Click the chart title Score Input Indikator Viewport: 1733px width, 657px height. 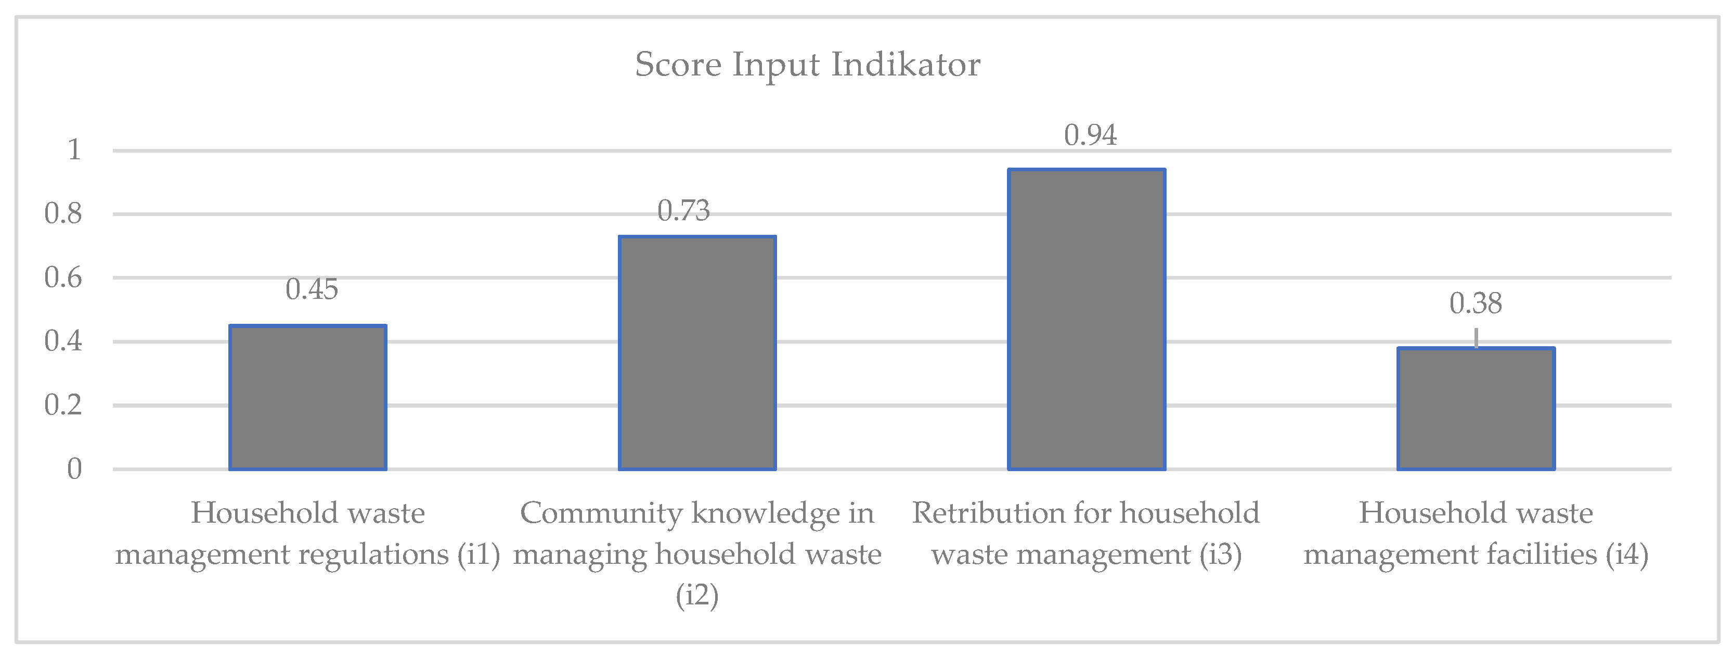pyautogui.click(x=807, y=65)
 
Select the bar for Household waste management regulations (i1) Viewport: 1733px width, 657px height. pyautogui.click(x=307, y=397)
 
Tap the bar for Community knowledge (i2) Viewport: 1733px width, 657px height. pyautogui.click(x=697, y=353)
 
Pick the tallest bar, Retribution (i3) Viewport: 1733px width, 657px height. pyautogui.click(x=1087, y=319)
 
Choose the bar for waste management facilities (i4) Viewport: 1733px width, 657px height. pyautogui.click(x=1476, y=409)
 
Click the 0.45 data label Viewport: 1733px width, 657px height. pyautogui.click(x=312, y=289)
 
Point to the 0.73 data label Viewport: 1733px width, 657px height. pyautogui.click(x=683, y=211)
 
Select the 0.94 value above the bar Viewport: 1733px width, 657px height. pyautogui.click(x=1090, y=135)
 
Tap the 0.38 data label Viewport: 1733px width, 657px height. pyautogui.click(x=1476, y=304)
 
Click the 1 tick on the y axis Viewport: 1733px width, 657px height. pyautogui.click(x=74, y=149)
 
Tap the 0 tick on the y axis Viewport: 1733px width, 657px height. pyautogui.click(x=74, y=469)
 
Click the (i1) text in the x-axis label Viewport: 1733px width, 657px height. pyautogui.click(x=479, y=554)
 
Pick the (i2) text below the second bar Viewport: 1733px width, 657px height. pyautogui.click(x=697, y=596)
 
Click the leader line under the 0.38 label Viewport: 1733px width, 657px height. pyautogui.click(x=1476, y=337)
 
